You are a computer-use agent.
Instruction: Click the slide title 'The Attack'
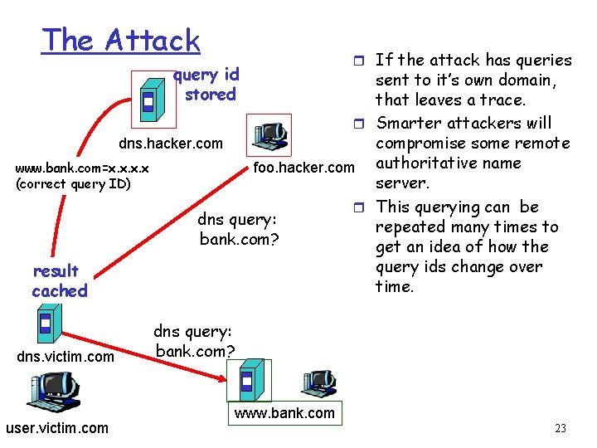click(x=121, y=41)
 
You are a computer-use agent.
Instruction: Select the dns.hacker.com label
click(x=171, y=144)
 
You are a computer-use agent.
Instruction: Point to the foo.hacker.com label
click(x=303, y=168)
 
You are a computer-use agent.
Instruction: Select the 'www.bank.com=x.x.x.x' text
click(x=82, y=169)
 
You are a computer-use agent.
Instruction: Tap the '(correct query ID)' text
click(x=73, y=184)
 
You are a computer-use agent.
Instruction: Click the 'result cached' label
click(x=58, y=280)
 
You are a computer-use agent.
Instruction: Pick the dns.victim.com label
click(x=66, y=356)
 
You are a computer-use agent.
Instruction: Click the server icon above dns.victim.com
click(x=46, y=324)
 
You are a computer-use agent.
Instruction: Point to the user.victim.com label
click(x=56, y=428)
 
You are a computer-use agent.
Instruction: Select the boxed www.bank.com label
click(x=284, y=413)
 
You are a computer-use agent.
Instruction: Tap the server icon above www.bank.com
click(x=250, y=381)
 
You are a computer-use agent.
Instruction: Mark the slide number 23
click(x=561, y=429)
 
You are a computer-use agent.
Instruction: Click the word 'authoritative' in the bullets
click(x=449, y=163)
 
